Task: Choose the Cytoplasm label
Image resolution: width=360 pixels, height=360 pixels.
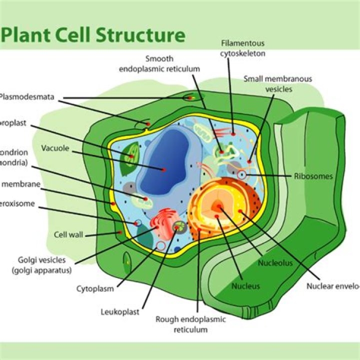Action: click(95, 288)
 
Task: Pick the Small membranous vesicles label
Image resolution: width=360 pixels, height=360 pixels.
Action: click(277, 84)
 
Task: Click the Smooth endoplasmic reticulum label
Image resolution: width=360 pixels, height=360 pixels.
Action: click(159, 63)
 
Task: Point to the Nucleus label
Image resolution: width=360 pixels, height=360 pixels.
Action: click(245, 286)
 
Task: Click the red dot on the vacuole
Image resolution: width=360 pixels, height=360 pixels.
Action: click(163, 170)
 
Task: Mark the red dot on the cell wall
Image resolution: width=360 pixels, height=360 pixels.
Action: click(119, 232)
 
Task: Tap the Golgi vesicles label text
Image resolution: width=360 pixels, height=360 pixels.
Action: click(45, 265)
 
